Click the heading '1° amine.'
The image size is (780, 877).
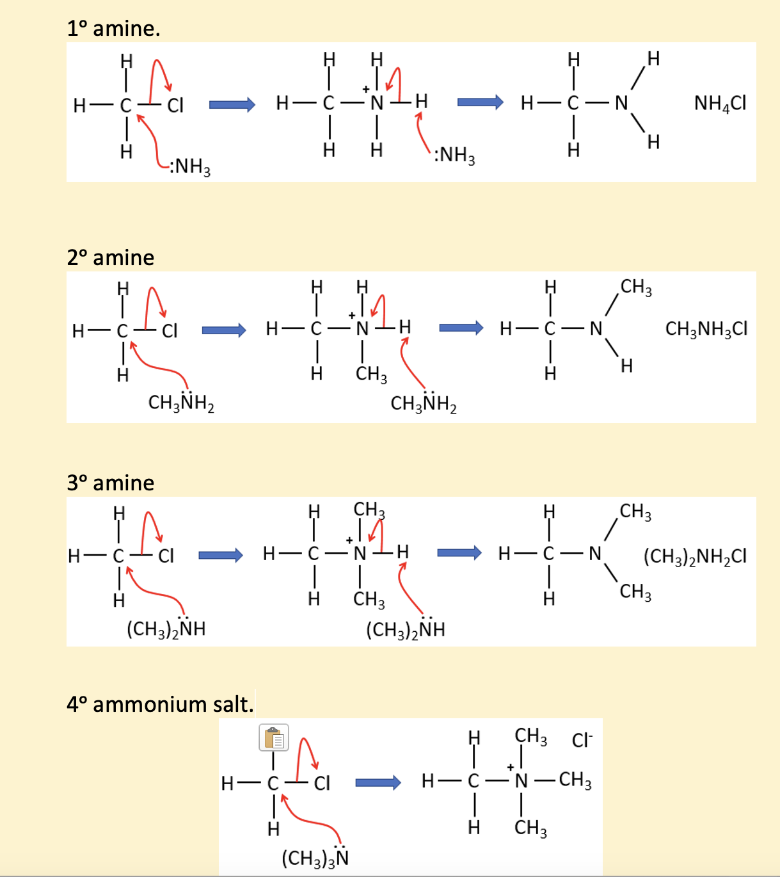pos(113,29)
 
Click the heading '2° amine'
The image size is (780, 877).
pos(111,257)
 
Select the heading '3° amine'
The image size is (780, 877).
pos(111,483)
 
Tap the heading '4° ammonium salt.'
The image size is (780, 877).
pos(160,704)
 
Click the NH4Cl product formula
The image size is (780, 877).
pos(720,104)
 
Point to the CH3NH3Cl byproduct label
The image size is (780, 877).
pos(706,329)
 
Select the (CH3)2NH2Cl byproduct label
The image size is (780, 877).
pos(695,556)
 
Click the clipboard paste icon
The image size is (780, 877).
pos(274,737)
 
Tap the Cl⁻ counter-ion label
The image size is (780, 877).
pos(582,740)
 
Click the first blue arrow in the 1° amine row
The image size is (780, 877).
pos(232,104)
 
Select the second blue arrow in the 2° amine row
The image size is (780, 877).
pos(461,328)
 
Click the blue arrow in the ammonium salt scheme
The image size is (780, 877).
pos(378,782)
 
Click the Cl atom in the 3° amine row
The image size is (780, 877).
pos(166,556)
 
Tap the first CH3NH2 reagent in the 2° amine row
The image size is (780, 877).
pos(181,402)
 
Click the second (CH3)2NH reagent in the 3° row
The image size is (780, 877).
pos(406,629)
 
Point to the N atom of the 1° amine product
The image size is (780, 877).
pos(621,103)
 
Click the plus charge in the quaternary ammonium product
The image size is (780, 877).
pos(510,767)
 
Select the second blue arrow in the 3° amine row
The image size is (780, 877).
pos(459,553)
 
